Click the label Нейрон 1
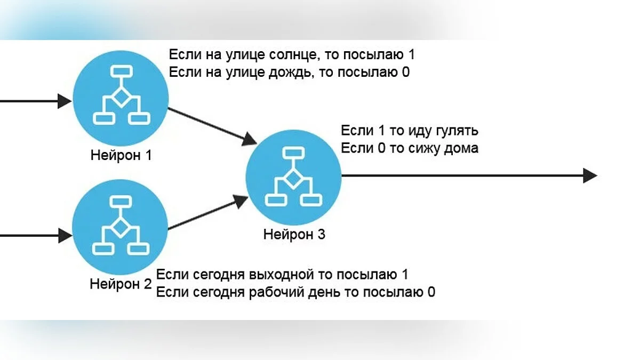pyautogui.click(x=121, y=156)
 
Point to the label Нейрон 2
pyautogui.click(x=121, y=284)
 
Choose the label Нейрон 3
pyautogui.click(x=294, y=235)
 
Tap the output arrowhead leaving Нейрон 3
pyautogui.click(x=589, y=175)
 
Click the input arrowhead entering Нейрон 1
pyautogui.click(x=65, y=101)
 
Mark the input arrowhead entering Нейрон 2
pyautogui.click(x=65, y=235)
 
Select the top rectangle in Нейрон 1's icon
pyautogui.click(x=121, y=70)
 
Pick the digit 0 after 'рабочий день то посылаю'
pyautogui.click(x=430, y=292)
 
